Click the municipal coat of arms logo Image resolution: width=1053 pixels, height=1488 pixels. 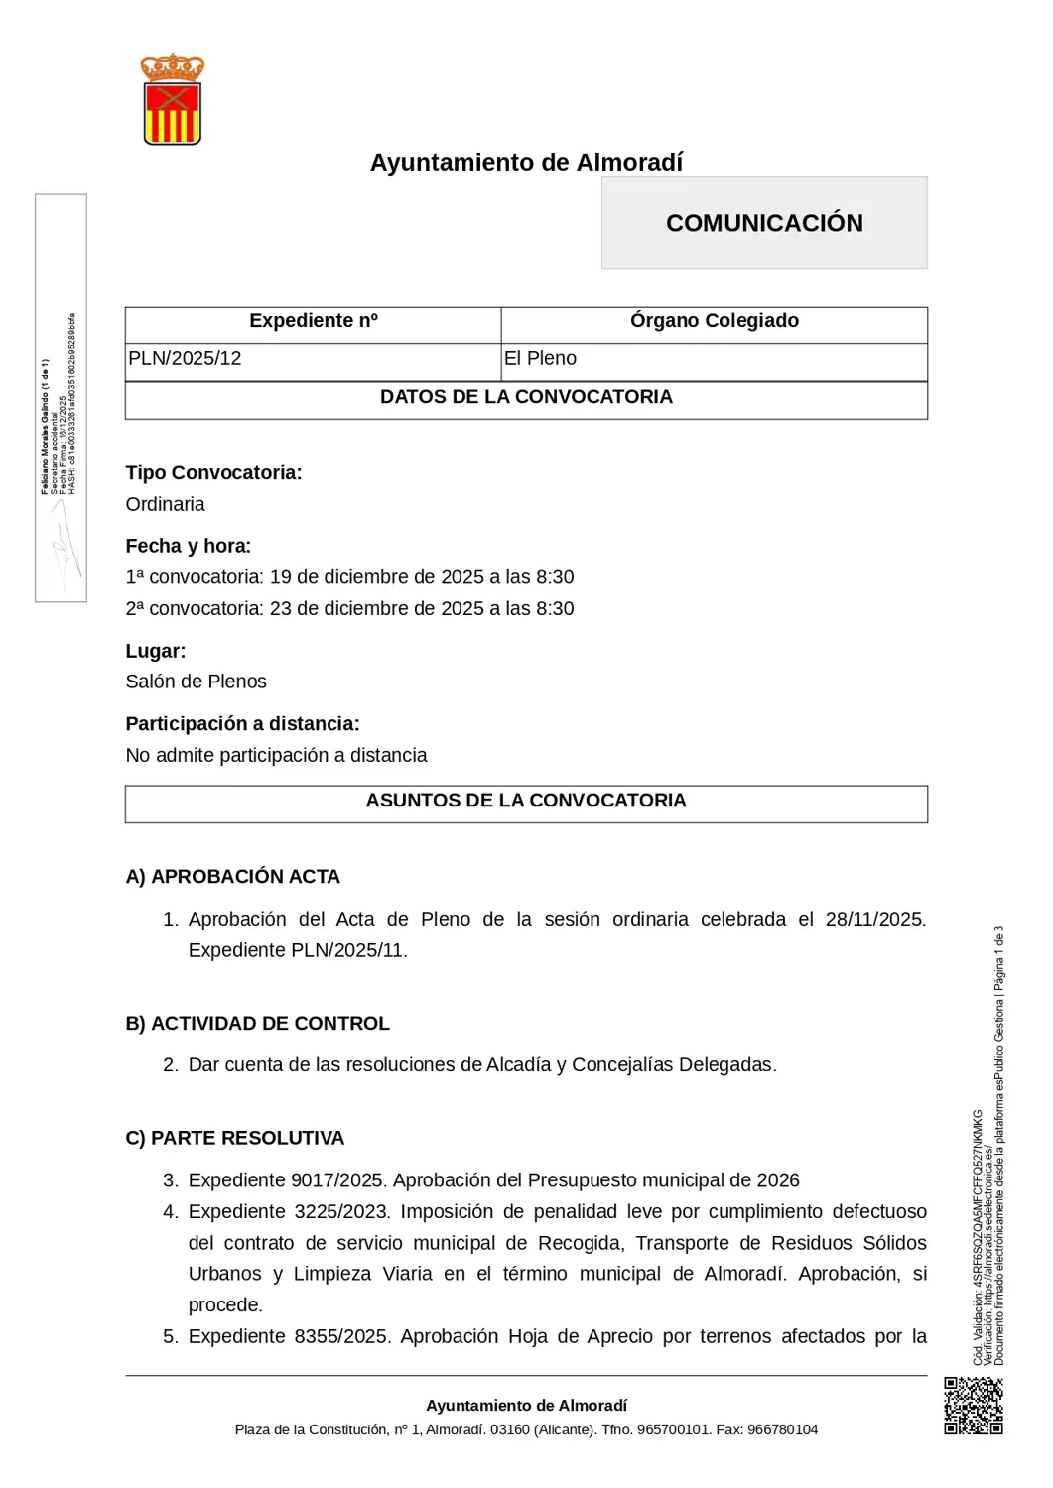173,99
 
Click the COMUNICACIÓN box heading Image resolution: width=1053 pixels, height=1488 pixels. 764,223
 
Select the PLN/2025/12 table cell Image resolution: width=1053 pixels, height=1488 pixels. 186,359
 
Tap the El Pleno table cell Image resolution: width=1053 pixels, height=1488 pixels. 540,359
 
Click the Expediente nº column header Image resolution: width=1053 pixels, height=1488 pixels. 314,321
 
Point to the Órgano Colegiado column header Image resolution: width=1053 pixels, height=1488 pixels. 714,321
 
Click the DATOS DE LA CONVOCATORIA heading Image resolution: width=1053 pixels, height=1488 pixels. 526,397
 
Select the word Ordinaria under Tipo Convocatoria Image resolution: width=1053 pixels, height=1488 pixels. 166,505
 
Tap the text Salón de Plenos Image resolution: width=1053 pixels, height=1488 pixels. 197,682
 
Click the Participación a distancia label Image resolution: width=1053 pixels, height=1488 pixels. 242,724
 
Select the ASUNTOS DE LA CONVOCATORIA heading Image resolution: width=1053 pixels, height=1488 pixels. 526,801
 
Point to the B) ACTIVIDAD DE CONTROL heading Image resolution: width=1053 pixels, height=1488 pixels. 258,1024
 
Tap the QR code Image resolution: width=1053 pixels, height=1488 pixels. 973,1405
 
